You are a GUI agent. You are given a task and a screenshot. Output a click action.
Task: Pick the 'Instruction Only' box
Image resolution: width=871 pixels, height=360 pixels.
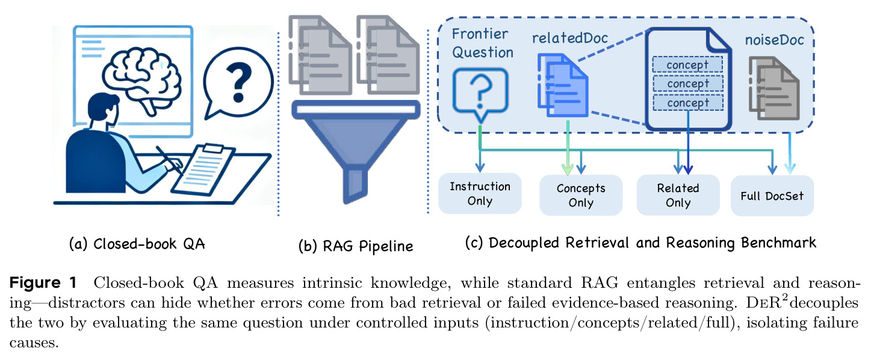coord(480,194)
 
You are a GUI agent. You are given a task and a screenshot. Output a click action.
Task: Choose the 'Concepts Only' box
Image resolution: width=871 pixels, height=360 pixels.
coord(581,195)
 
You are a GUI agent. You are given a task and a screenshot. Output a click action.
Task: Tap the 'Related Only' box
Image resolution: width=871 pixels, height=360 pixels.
coord(678,195)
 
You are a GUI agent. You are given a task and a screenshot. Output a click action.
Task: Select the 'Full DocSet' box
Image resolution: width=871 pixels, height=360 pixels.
coord(772,196)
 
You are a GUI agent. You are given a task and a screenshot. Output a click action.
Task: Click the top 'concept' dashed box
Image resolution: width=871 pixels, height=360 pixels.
coord(687,64)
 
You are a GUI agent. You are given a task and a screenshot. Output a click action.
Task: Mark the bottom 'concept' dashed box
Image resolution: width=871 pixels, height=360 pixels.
coord(688,102)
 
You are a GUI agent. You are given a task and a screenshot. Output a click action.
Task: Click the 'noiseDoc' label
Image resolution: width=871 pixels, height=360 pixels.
coord(775,40)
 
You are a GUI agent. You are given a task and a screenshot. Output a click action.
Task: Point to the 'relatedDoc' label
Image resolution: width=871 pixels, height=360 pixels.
coord(570,38)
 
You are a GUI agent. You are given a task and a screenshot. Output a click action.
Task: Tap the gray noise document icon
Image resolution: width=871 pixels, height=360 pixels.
coord(774,88)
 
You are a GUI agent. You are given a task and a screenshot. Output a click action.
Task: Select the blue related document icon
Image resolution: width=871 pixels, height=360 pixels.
coord(563,85)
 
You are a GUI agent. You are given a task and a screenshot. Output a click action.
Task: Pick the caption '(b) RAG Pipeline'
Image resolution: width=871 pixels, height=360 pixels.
coord(356,246)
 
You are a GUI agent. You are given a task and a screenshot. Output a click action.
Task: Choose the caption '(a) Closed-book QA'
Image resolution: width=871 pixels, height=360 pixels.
coord(137,244)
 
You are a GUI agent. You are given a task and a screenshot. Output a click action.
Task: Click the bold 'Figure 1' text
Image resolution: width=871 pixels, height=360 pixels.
coord(43,282)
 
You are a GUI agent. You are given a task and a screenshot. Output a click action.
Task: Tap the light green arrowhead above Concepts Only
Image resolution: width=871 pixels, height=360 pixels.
coord(568,169)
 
